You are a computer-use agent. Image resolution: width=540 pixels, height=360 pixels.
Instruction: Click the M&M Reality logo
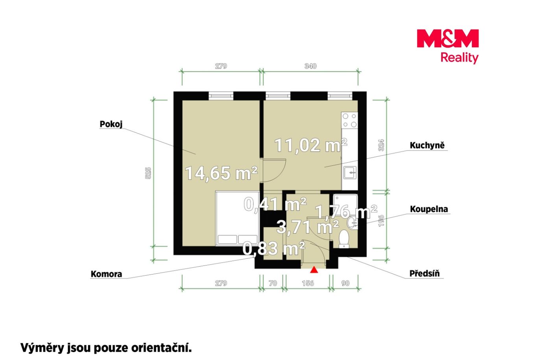448,46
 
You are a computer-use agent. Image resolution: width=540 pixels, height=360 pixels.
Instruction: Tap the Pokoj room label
111,124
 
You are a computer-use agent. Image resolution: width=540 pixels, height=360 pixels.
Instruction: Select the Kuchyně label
427,145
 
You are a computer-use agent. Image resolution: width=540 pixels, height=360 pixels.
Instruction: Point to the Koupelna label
429,209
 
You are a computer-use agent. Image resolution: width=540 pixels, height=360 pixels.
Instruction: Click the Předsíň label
425,273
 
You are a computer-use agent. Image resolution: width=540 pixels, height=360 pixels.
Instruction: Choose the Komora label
106,274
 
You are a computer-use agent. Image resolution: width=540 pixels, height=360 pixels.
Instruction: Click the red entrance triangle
314,269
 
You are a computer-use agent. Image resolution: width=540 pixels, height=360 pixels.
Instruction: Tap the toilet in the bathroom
344,239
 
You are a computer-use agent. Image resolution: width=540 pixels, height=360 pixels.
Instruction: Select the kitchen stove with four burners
350,121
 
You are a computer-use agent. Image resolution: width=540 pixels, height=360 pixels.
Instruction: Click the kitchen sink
350,173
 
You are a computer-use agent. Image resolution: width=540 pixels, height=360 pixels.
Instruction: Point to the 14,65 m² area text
221,173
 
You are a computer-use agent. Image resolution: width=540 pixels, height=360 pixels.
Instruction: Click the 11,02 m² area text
311,145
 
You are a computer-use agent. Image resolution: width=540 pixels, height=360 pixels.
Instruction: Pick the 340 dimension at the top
310,66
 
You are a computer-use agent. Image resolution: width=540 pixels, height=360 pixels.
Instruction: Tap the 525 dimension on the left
148,173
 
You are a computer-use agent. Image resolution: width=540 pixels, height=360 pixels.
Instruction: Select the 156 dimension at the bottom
308,283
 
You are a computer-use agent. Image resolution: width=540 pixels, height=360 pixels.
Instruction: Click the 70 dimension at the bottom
273,283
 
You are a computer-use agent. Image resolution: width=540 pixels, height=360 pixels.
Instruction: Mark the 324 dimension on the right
381,145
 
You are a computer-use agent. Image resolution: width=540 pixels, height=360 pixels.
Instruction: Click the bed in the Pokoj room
237,218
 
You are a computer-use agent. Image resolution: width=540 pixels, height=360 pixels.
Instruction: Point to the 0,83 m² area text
274,249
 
